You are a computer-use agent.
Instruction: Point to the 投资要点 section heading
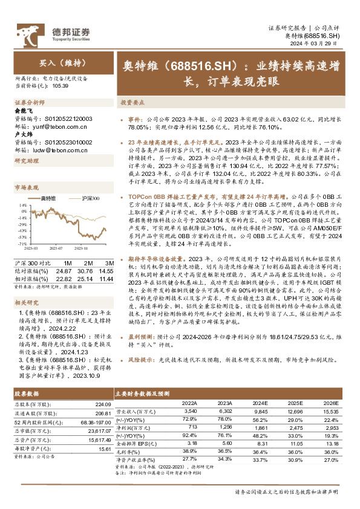[131, 103]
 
